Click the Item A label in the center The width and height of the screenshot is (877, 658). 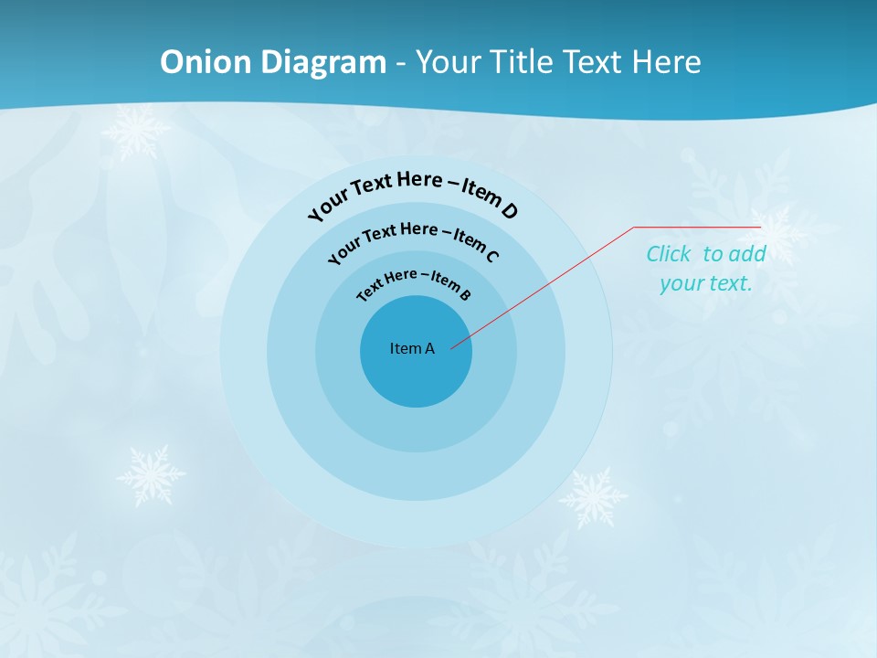tap(412, 348)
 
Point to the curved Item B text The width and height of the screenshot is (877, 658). tap(414, 284)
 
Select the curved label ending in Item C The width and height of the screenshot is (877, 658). tap(413, 240)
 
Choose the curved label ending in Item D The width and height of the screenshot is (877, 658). tap(413, 194)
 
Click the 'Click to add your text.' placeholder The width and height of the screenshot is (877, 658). tap(706, 269)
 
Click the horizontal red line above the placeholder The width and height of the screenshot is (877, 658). tap(697, 227)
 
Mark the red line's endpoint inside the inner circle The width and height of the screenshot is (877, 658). tap(452, 347)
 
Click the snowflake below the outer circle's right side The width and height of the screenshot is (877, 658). tap(593, 498)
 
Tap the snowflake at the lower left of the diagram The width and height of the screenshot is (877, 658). tap(151, 475)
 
